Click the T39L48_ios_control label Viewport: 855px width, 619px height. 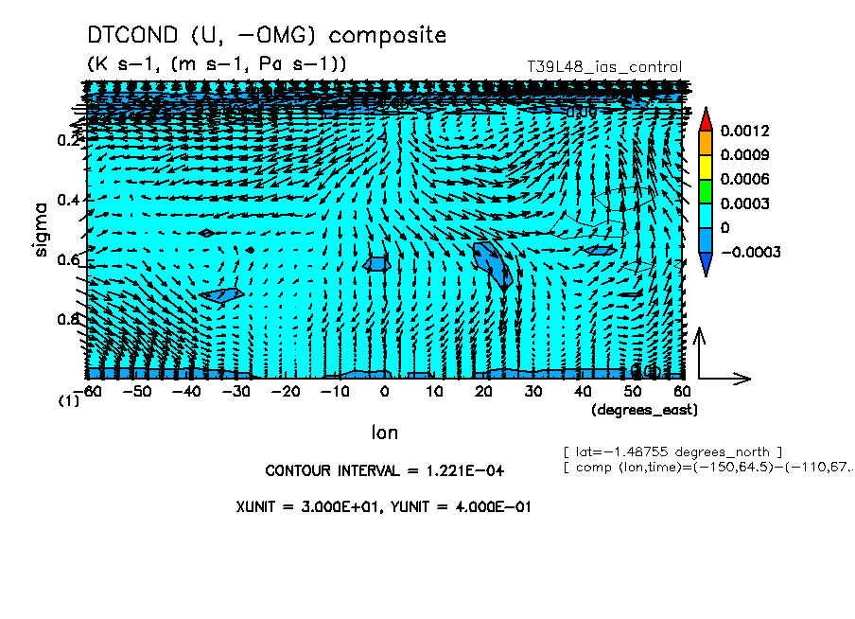603,67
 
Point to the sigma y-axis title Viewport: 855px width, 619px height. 41,228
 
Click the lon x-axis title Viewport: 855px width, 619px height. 384,433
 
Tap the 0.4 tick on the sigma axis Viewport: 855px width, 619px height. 68,200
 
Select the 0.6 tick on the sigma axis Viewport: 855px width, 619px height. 68,259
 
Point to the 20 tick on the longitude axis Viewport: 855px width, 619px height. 483,391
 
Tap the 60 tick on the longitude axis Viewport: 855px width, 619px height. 681,391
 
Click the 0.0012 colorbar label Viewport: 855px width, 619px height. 744,130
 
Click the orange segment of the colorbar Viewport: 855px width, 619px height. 705,142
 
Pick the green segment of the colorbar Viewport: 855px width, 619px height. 705,191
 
